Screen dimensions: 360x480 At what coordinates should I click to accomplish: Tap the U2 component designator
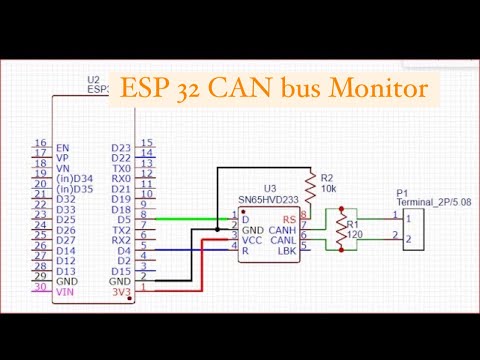(94, 78)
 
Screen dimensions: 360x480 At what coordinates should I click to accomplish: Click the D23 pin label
(121, 146)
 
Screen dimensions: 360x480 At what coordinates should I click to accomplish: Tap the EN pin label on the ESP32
(63, 146)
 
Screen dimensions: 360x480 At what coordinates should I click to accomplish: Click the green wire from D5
(190, 217)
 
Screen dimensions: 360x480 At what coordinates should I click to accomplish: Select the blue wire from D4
(190, 250)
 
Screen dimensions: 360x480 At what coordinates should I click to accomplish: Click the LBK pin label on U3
(285, 249)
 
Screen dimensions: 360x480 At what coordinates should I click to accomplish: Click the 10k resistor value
(328, 189)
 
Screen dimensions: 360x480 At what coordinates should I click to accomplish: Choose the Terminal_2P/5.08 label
(432, 201)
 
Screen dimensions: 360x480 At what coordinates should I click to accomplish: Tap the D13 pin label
(66, 270)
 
